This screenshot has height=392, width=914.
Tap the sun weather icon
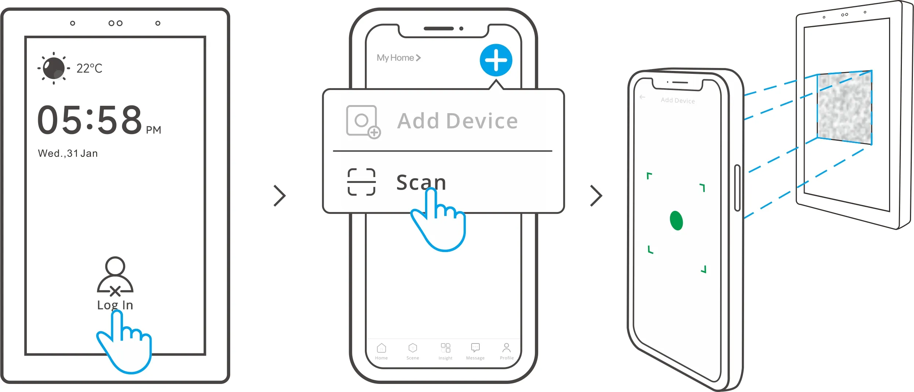(x=54, y=68)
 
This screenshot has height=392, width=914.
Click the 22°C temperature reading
(x=89, y=68)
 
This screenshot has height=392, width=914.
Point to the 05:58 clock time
(x=90, y=120)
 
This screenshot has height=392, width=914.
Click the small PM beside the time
(x=153, y=130)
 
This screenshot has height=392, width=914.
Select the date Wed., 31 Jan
(x=68, y=154)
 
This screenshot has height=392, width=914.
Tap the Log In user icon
(x=115, y=276)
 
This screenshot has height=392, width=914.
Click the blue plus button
(x=496, y=60)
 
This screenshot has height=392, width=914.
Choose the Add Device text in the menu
(x=457, y=121)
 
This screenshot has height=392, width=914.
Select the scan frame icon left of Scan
(x=361, y=182)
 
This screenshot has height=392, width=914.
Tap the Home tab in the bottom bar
(x=381, y=351)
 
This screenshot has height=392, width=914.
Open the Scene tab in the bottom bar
(x=413, y=351)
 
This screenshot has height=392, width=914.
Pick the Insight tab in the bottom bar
(x=445, y=351)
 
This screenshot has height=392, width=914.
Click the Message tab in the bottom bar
(x=475, y=351)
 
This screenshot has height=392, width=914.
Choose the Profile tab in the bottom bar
(x=507, y=351)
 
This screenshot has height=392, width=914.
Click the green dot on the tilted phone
(x=676, y=220)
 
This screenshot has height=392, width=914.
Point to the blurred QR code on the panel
(x=845, y=107)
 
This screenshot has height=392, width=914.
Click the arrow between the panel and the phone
(x=280, y=196)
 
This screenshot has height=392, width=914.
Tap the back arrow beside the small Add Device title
(x=642, y=97)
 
